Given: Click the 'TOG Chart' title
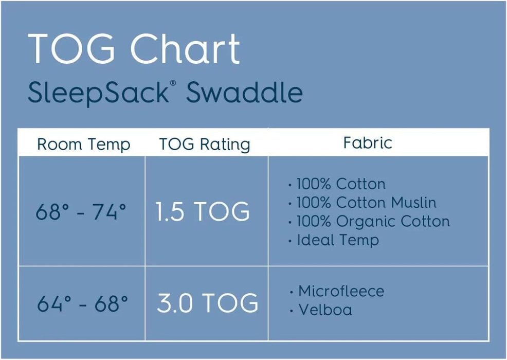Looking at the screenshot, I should pyautogui.click(x=134, y=49).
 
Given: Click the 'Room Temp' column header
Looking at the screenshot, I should pyautogui.click(x=83, y=145).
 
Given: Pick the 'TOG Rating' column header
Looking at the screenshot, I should pyautogui.click(x=205, y=145).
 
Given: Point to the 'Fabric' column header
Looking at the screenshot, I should pyautogui.click(x=368, y=142).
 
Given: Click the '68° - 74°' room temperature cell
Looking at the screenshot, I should pyautogui.click(x=81, y=212).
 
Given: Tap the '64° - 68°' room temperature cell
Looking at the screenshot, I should pyautogui.click(x=82, y=304).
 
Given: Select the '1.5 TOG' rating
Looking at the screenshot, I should pyautogui.click(x=203, y=212).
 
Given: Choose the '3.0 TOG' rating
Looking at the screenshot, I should pyautogui.click(x=207, y=303).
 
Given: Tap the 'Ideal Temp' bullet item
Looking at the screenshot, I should pyautogui.click(x=337, y=240).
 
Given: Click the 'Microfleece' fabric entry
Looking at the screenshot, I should pyautogui.click(x=341, y=291).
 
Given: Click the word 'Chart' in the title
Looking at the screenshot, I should pyautogui.click(x=185, y=49).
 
